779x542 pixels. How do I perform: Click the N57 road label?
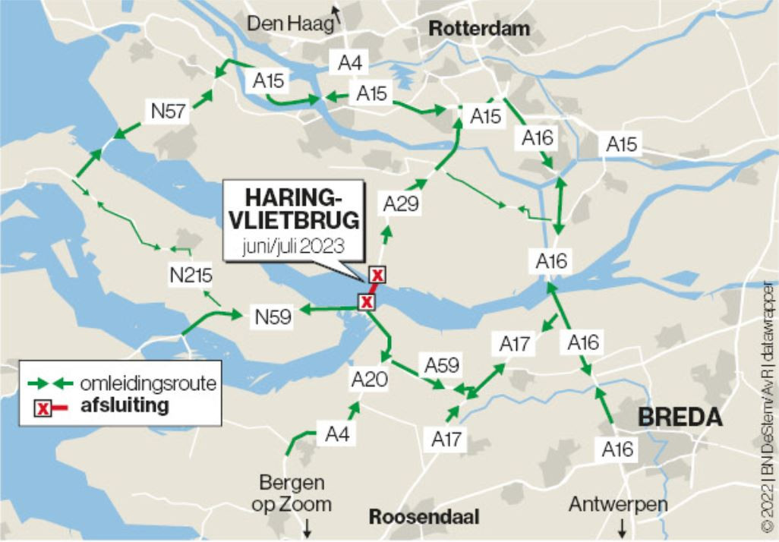[x=168, y=112]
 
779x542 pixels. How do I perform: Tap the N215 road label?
[x=191, y=276]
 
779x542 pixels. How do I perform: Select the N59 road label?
[x=273, y=317]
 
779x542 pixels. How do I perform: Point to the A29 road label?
[x=401, y=204]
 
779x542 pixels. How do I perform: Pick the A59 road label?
[x=443, y=365]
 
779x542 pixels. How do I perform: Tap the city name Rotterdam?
[x=479, y=29]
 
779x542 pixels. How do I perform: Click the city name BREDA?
[x=680, y=417]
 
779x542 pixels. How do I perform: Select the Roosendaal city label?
[x=424, y=517]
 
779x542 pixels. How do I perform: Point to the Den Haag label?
[x=291, y=24]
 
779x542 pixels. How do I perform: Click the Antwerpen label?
[x=619, y=505]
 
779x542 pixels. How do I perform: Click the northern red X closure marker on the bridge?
[x=376, y=275]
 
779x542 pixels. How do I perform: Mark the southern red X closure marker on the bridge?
[x=367, y=302]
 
